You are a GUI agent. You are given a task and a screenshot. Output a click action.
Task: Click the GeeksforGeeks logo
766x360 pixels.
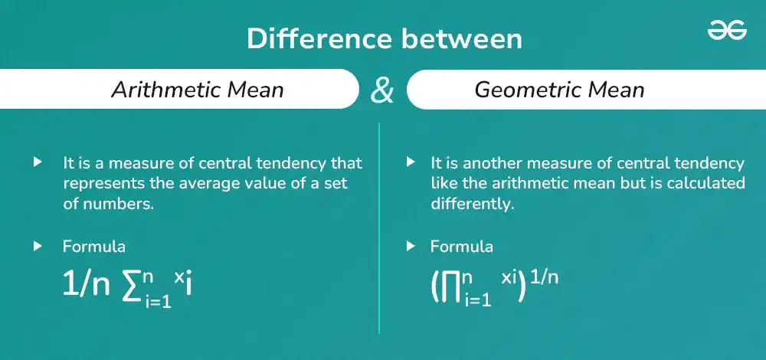(x=727, y=30)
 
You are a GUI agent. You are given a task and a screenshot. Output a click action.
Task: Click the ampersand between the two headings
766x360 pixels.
(x=382, y=90)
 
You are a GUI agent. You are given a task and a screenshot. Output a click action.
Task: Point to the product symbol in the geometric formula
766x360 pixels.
(x=448, y=285)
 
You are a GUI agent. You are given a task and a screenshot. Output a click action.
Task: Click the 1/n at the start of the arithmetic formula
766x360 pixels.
(x=86, y=284)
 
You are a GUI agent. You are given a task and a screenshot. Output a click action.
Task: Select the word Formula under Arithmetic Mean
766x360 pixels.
(x=93, y=247)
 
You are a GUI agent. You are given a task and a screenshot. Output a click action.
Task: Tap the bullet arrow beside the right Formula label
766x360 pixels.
(x=411, y=247)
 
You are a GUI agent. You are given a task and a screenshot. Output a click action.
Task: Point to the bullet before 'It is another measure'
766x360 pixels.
(x=411, y=163)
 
